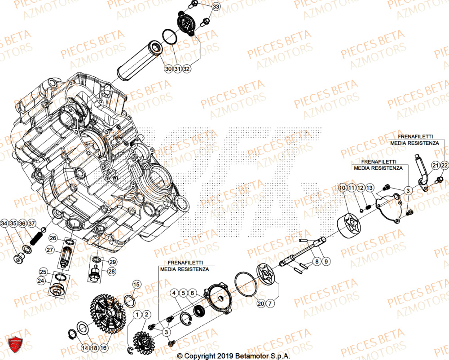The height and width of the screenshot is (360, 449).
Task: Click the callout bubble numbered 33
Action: [216, 7]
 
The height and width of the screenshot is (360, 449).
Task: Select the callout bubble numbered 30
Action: [168, 69]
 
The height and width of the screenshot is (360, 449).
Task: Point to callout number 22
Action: [444, 166]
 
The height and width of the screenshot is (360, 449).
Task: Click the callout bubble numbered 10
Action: [342, 187]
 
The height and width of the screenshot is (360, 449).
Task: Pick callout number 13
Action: [369, 187]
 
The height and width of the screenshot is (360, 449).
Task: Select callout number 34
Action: [4, 224]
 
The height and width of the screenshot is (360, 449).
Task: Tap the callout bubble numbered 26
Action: [53, 237]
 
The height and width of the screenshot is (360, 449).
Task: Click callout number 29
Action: [112, 262]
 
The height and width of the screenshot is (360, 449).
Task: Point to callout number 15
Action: [136, 284]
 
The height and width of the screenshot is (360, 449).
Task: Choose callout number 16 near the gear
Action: [104, 347]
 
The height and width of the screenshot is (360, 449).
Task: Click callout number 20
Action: [261, 304]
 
